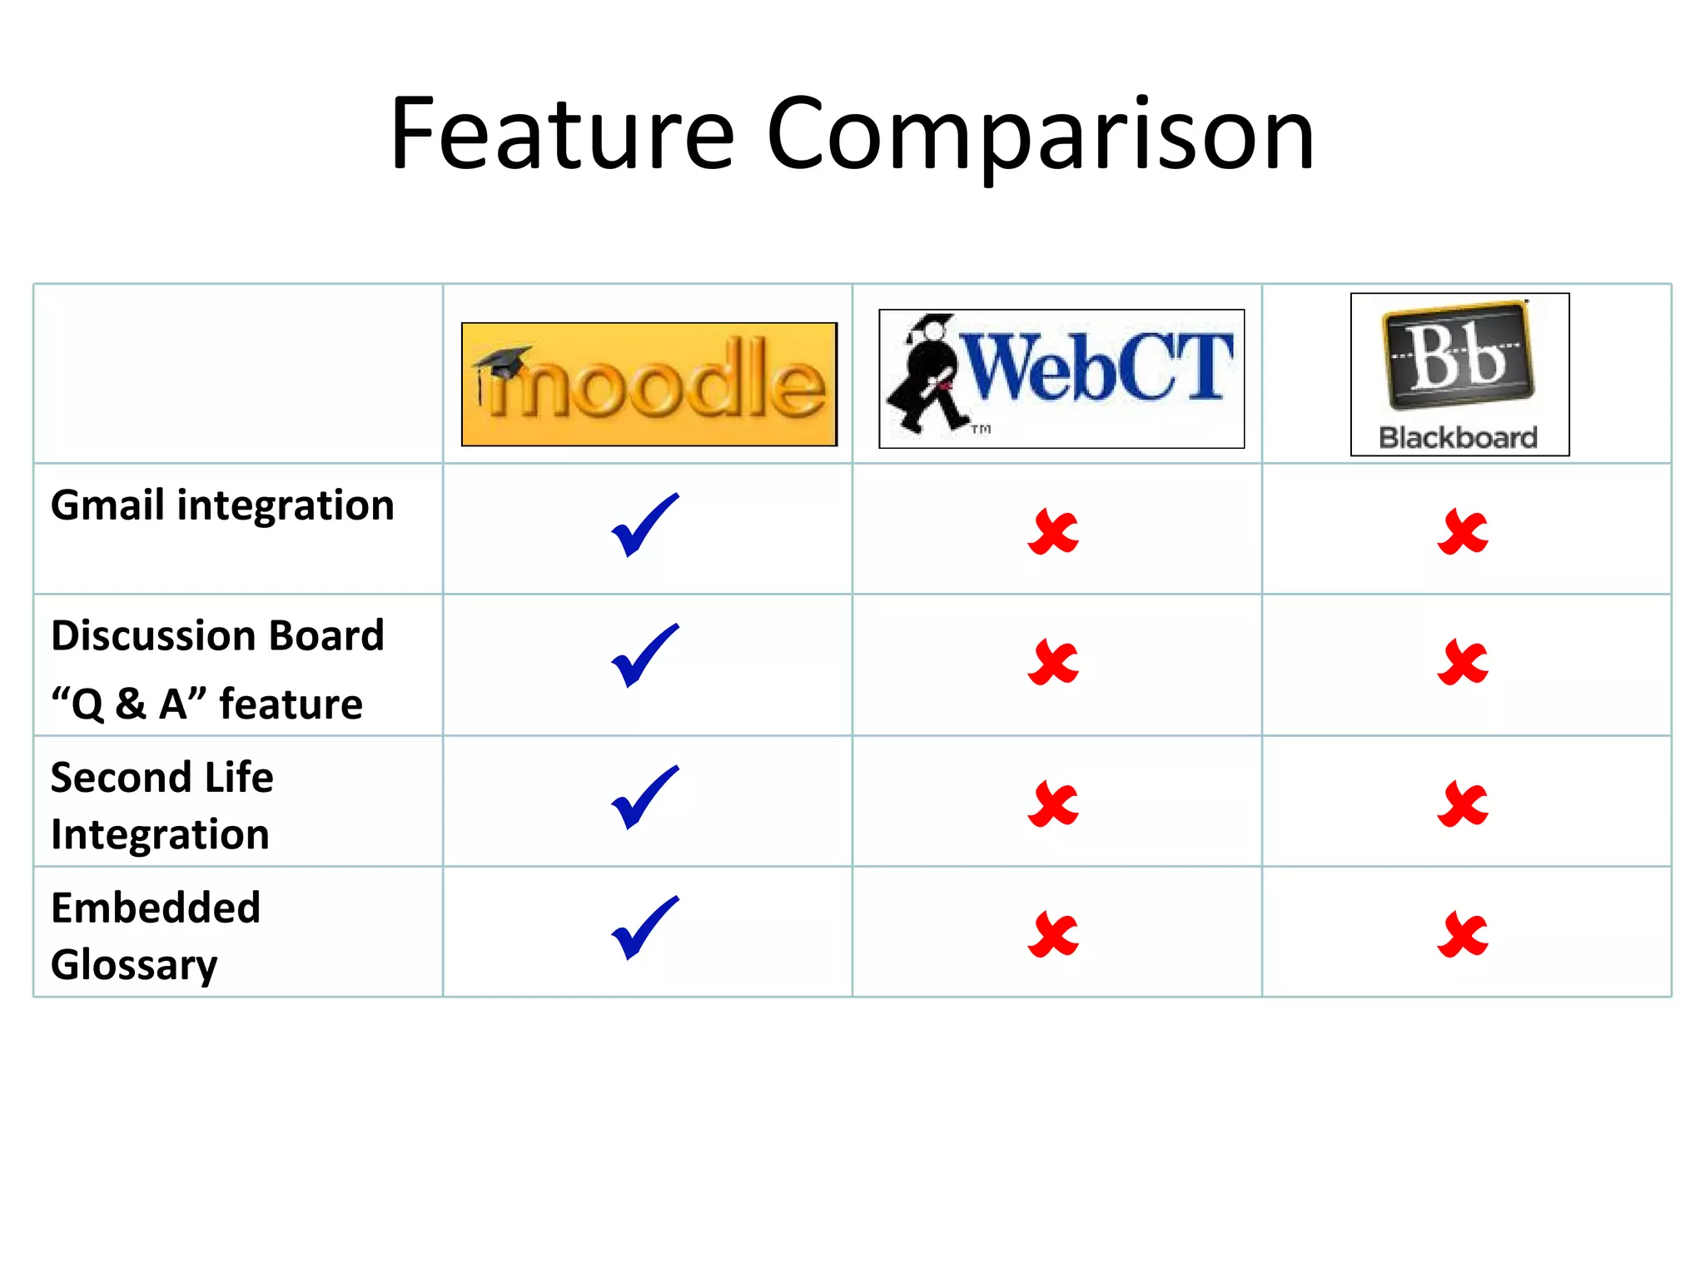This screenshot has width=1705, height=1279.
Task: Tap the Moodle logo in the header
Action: pyautogui.click(x=649, y=385)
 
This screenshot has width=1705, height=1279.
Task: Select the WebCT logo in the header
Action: pyautogui.click(x=1061, y=379)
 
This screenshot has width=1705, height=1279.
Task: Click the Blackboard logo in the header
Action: pyautogui.click(x=1459, y=374)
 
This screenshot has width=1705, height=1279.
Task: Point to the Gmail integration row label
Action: pyautogui.click(x=222, y=505)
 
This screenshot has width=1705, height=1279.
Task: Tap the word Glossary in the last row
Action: pyautogui.click(x=134, y=965)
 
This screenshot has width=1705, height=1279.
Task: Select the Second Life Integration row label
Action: pyautogui.click(x=162, y=805)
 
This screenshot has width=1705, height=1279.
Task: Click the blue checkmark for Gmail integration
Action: pyautogui.click(x=644, y=525)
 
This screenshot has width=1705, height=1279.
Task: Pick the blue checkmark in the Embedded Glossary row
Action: pyautogui.click(x=644, y=928)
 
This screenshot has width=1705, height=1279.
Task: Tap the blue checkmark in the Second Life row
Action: pyautogui.click(x=644, y=797)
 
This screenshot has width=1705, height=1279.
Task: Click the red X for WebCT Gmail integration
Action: pyautogui.click(x=1053, y=533)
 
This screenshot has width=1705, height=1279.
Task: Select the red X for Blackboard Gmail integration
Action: pyautogui.click(x=1463, y=532)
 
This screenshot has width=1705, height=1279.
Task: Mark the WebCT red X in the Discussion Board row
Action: pyautogui.click(x=1053, y=663)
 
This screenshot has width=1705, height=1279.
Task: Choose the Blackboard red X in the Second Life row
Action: pyautogui.click(x=1463, y=804)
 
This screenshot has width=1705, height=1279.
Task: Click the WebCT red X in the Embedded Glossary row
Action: pyautogui.click(x=1053, y=935)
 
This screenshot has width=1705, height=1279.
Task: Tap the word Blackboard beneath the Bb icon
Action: pyautogui.click(x=1458, y=438)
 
